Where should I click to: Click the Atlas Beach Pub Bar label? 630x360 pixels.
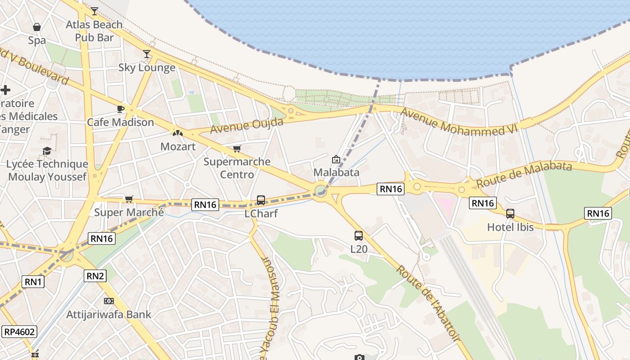click(x=94, y=31)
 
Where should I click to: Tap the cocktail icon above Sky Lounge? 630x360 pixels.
click(x=147, y=54)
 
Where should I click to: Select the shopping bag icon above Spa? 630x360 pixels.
click(x=37, y=27)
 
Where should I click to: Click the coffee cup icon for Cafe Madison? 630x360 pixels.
click(x=121, y=109)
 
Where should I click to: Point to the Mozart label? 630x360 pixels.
click(x=178, y=147)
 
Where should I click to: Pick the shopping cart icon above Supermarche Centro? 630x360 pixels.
click(x=237, y=149)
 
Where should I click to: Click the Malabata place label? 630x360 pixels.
click(x=336, y=172)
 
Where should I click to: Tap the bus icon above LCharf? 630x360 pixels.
click(x=261, y=200)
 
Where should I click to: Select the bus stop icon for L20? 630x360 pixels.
click(x=359, y=235)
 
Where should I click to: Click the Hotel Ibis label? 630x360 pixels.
click(x=510, y=227)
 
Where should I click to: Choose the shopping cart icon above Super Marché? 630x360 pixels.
click(x=129, y=199)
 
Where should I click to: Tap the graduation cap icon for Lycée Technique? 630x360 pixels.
click(x=47, y=151)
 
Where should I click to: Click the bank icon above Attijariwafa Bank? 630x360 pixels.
click(x=109, y=301)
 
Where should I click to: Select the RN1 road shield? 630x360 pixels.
click(x=33, y=282)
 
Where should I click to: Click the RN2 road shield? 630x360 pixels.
click(x=95, y=276)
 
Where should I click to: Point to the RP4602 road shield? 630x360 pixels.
click(x=19, y=332)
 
